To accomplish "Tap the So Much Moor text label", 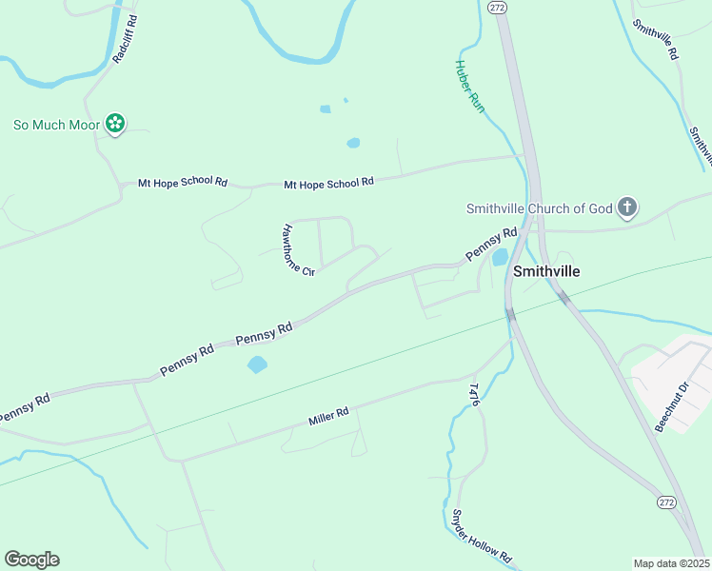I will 56,124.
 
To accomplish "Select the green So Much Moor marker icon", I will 115,124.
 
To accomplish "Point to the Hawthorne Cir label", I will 298,250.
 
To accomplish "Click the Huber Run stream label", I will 469,88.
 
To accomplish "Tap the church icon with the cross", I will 626,207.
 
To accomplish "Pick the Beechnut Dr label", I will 670,407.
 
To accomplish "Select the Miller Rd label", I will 328,416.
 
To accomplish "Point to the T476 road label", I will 474,394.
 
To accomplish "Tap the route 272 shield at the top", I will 496,7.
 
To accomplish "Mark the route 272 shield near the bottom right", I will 665,502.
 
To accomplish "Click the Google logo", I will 31,560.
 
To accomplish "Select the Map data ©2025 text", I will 671,562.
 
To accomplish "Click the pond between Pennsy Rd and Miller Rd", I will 257,364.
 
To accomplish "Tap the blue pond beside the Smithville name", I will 499,257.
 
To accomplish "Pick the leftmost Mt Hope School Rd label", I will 184,181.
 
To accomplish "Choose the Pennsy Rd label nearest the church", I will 490,245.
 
